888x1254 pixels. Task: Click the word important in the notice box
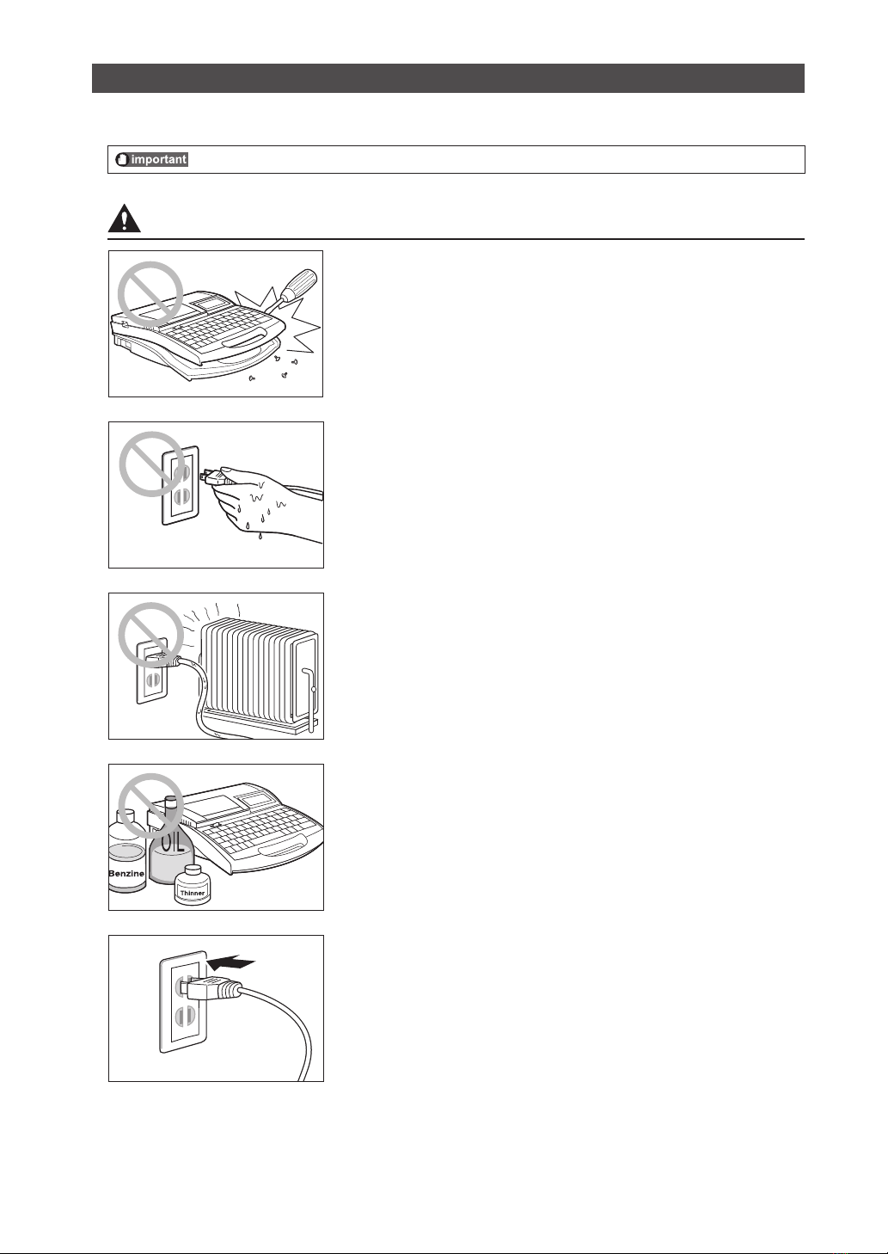pos(159,160)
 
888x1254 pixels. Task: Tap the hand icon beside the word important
pos(123,160)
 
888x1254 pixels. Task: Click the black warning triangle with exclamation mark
pos(125,218)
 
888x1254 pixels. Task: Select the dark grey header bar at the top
pos(448,77)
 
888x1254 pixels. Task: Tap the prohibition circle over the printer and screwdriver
pos(150,294)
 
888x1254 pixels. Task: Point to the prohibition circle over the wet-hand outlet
pos(152,464)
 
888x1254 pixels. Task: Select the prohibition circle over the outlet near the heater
pos(151,636)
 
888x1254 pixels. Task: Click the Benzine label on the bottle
pos(126,873)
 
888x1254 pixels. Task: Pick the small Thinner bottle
pos(193,884)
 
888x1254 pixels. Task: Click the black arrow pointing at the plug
pos(231,963)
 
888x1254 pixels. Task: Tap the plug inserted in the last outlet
pos(211,990)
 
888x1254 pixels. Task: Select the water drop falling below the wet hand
pos(259,536)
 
